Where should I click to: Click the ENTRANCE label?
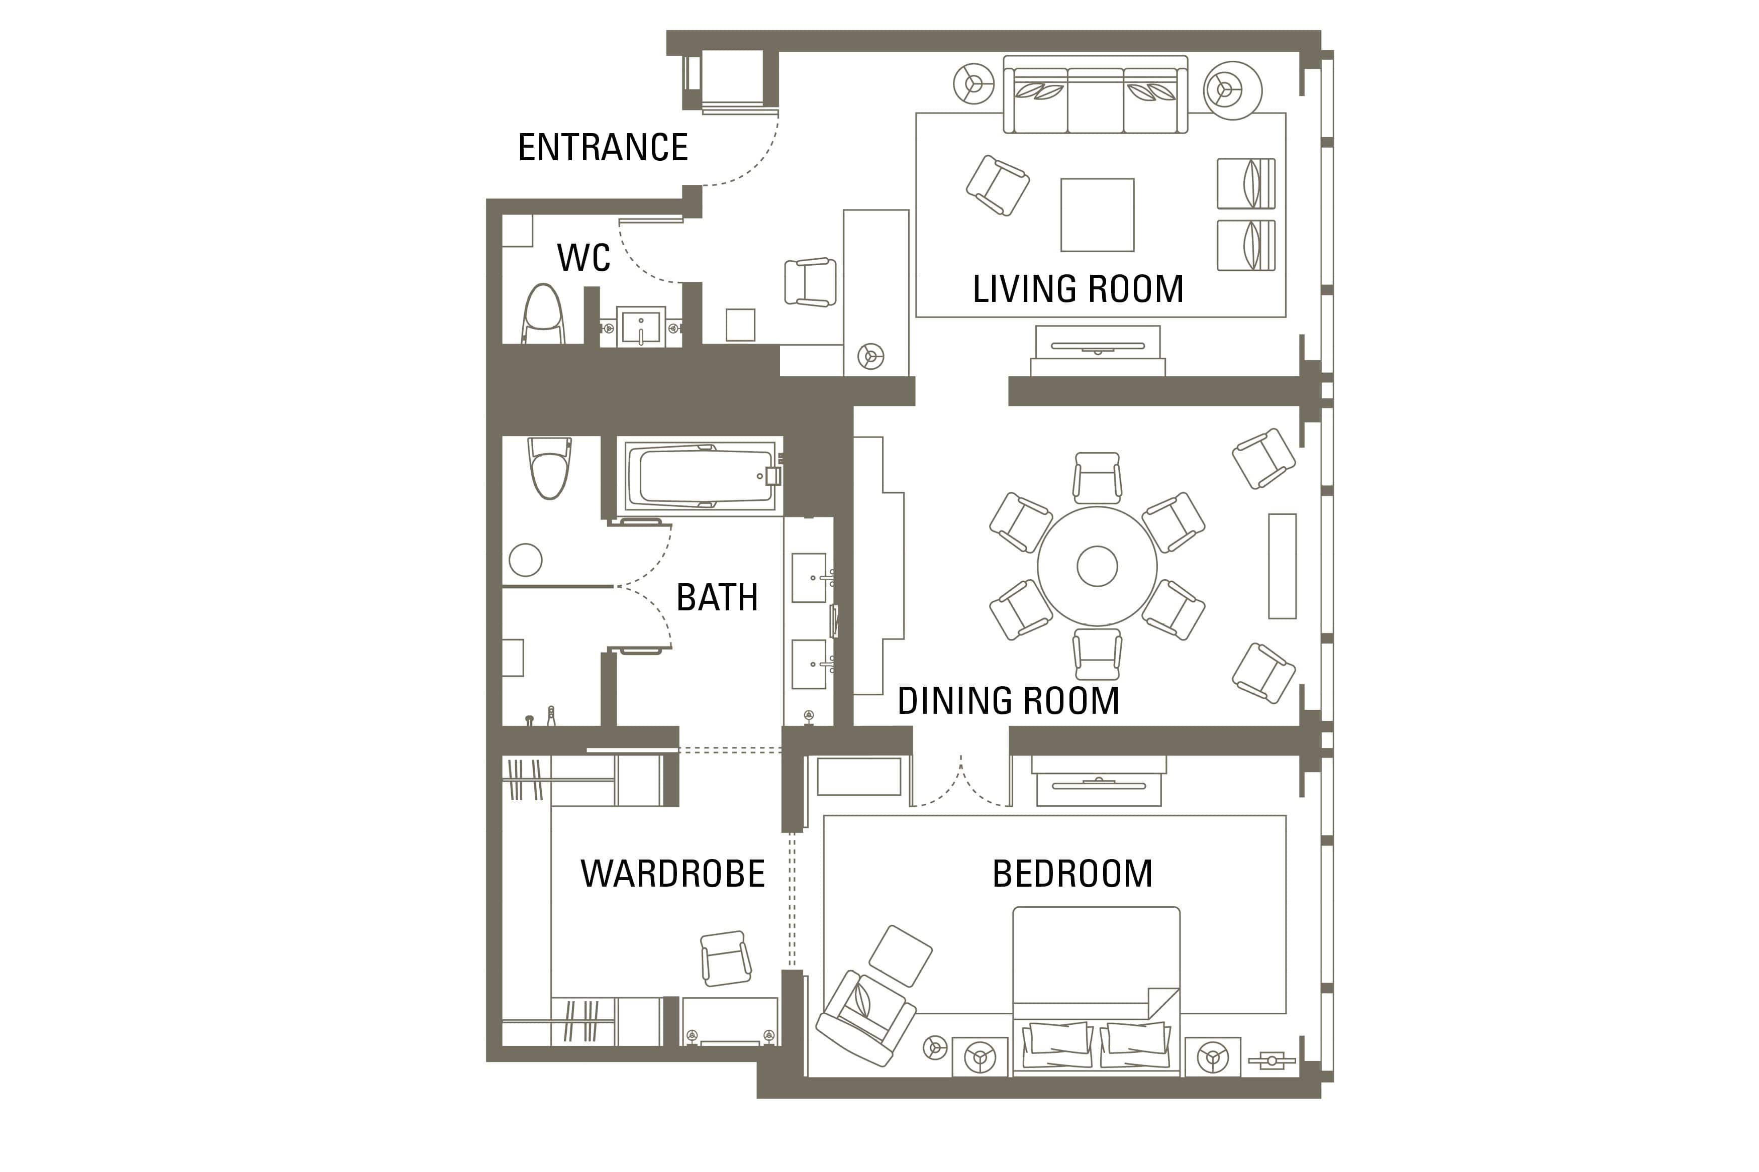[x=603, y=147]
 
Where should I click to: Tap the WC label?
[x=583, y=258]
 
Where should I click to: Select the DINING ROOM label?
[x=1008, y=700]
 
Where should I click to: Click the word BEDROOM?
[x=1072, y=873]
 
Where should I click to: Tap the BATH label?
[x=717, y=597]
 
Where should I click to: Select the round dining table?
[x=1097, y=566]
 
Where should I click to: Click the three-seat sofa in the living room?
[x=1095, y=94]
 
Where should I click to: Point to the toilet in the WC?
[x=543, y=314]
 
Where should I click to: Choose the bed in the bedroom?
[x=1096, y=991]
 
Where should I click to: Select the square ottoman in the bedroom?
[x=900, y=956]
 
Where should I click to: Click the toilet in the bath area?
[x=549, y=467]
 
